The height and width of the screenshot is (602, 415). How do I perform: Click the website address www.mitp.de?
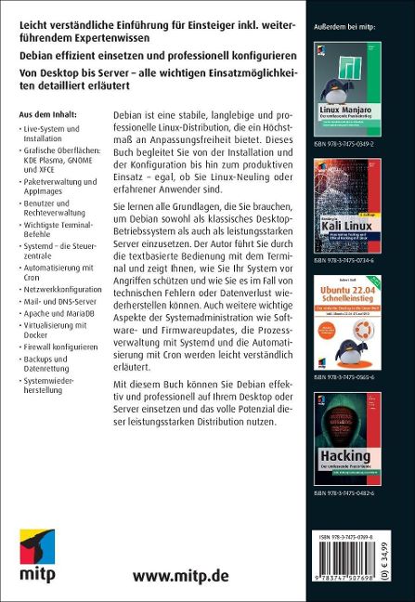(181, 575)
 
